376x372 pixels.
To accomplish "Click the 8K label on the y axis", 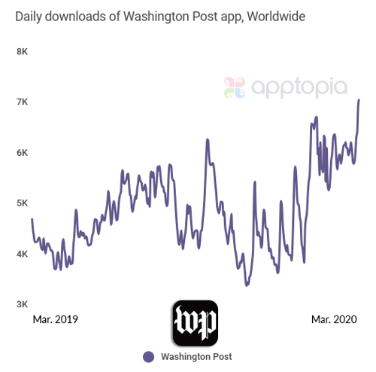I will point(23,51).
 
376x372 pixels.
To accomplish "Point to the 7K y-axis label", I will point(23,102).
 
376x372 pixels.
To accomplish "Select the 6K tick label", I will point(23,152).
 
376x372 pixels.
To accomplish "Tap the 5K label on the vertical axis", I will point(23,203).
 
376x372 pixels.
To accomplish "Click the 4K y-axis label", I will point(23,254).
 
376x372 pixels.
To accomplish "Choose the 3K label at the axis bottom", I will point(23,304).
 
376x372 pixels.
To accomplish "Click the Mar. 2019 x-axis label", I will point(55,319).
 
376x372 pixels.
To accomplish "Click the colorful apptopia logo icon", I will point(235,87).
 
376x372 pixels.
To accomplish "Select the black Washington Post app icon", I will point(196,322).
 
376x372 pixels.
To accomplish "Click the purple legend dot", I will point(148,356).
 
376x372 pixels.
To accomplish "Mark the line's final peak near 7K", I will point(359,99).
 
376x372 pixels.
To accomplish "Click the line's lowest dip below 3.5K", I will point(246,285).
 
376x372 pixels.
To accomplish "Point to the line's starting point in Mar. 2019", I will point(32,218).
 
